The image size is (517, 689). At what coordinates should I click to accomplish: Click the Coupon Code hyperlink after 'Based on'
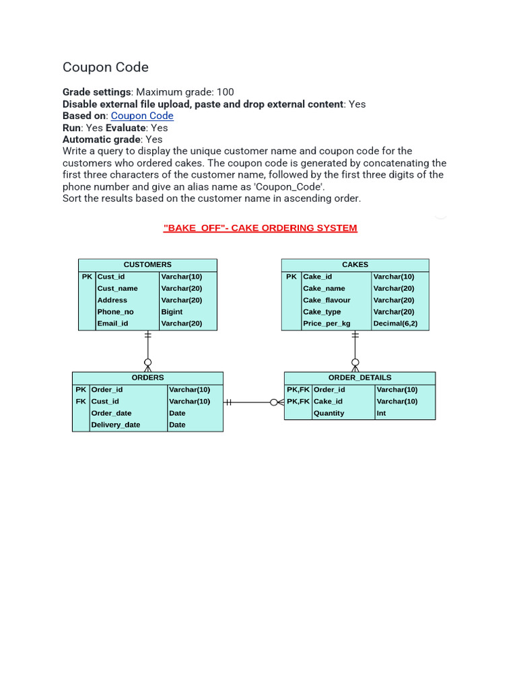pyautogui.click(x=142, y=116)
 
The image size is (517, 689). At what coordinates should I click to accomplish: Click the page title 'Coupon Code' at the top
pyautogui.click(x=106, y=67)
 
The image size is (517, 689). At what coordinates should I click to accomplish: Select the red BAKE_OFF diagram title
pyautogui.click(x=260, y=228)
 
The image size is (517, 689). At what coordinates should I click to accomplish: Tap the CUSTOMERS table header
pyautogui.click(x=147, y=264)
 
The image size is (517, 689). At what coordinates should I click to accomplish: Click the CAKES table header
pyautogui.click(x=355, y=264)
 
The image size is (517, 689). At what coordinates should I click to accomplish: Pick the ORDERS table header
pyautogui.click(x=147, y=377)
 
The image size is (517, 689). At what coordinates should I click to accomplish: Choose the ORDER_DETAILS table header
pyautogui.click(x=359, y=377)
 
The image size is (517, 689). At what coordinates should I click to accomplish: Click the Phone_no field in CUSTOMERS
pyautogui.click(x=115, y=312)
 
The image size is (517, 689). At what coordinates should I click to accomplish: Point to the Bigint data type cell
pyautogui.click(x=172, y=312)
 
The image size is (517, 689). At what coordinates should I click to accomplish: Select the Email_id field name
pyautogui.click(x=112, y=324)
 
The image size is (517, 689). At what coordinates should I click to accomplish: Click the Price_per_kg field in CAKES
pyautogui.click(x=326, y=324)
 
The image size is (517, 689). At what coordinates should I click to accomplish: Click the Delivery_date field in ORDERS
pyautogui.click(x=116, y=425)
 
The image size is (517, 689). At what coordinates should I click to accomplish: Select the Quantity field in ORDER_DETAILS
pyautogui.click(x=329, y=413)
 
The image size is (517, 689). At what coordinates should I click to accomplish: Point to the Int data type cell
pyautogui.click(x=382, y=413)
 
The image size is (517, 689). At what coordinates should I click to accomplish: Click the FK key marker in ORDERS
pyautogui.click(x=81, y=401)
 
